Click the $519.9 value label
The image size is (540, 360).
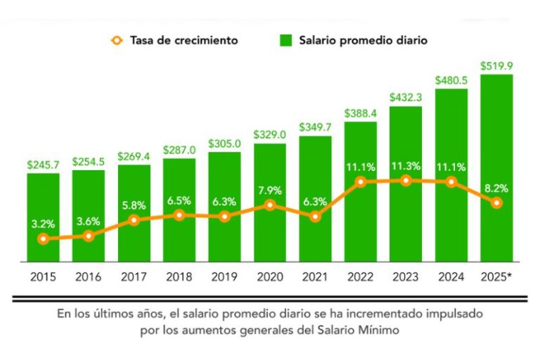[496, 65]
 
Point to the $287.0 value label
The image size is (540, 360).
[179, 150]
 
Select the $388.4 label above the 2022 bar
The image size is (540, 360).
[361, 113]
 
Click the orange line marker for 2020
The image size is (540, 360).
[270, 205]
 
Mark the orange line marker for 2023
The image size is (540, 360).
[406, 181]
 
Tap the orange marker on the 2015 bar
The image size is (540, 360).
[44, 239]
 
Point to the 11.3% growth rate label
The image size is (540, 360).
[406, 167]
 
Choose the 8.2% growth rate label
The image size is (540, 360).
[496, 188]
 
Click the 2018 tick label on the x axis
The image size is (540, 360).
[179, 277]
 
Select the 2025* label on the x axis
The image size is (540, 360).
[496, 277]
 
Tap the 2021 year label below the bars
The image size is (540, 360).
[315, 277]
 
